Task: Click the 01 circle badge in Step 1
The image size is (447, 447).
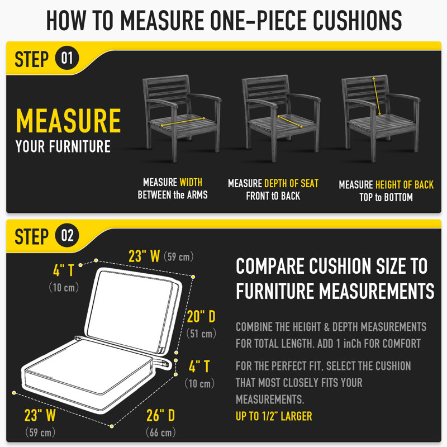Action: coord(67,58)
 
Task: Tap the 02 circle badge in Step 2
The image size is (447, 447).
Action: coord(67,235)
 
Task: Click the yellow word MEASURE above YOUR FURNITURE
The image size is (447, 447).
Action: coord(68,121)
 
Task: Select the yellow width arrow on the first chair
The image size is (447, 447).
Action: coord(183,121)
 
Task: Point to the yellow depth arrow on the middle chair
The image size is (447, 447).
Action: coord(290,121)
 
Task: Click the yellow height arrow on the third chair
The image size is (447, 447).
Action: coord(377,96)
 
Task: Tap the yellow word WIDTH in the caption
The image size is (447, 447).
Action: coord(191,182)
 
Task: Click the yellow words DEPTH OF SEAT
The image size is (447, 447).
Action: coord(291,183)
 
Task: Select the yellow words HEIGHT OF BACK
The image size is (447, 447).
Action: coord(404,185)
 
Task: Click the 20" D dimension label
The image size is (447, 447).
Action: coord(201,316)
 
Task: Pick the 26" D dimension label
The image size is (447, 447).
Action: coord(160,415)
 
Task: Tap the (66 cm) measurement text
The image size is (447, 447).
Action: coord(160,432)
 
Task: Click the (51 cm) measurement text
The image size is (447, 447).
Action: coord(201,334)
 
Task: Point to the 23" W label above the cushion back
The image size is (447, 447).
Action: coord(144,256)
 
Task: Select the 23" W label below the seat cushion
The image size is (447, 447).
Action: coord(40,415)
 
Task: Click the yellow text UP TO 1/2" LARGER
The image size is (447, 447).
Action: coord(274,416)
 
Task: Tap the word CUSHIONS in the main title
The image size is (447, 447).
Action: coord(358,20)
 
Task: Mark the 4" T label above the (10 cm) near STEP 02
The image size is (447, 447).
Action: coord(64,270)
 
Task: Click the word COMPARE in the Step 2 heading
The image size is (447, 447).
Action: coord(270,266)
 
